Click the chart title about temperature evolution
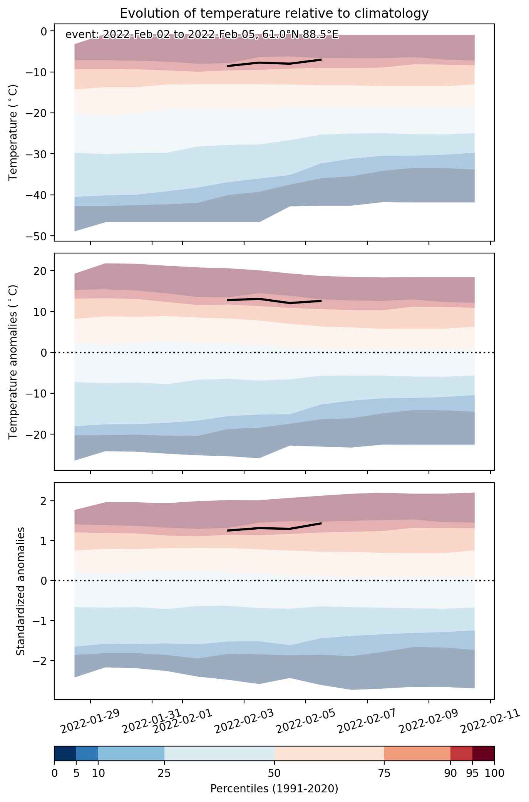274,13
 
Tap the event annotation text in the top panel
202,35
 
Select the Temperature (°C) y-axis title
13,133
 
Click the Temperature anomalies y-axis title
13,361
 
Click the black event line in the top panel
274,63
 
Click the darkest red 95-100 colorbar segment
483,753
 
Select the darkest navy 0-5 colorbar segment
65,753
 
